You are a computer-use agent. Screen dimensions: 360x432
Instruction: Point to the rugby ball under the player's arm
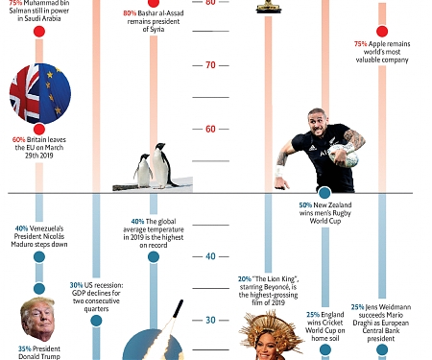[x=350, y=141]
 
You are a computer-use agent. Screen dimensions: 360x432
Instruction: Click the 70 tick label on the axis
[x=209, y=65]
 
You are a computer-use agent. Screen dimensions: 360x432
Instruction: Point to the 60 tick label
[x=209, y=129]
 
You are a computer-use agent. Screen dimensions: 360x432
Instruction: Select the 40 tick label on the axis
[x=209, y=256]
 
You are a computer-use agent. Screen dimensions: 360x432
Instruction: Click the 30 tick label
[x=209, y=320]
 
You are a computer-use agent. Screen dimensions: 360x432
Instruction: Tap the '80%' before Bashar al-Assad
[x=131, y=12]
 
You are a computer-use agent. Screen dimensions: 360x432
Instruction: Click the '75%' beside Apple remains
[x=361, y=44]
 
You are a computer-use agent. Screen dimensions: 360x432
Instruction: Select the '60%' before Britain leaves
[x=20, y=139]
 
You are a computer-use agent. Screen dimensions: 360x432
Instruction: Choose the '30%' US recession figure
[x=76, y=285]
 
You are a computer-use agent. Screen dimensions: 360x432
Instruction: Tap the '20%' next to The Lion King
[x=245, y=278]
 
